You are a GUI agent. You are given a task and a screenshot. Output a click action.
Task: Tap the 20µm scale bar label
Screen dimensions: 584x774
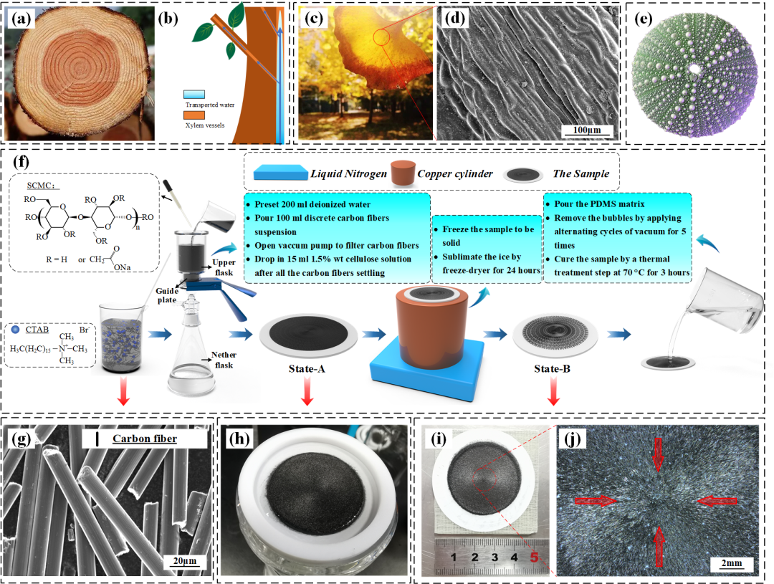coord(182,560)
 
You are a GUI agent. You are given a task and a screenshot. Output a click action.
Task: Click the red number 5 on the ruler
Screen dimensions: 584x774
coord(532,557)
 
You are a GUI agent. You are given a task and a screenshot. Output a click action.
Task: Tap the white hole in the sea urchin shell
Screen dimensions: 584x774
coord(694,70)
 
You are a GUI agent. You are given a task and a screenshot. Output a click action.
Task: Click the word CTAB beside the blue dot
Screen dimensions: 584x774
coord(42,330)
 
